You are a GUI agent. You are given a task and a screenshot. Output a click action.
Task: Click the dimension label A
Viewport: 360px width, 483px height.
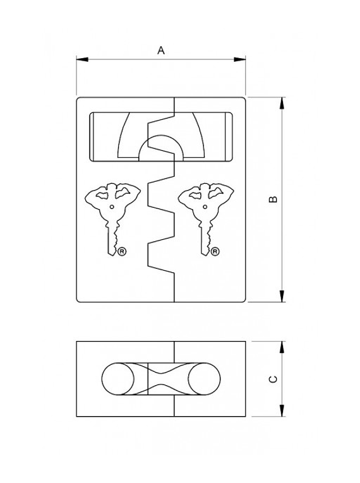click(x=161, y=51)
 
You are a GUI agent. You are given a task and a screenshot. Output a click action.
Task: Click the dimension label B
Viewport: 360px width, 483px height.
click(x=273, y=200)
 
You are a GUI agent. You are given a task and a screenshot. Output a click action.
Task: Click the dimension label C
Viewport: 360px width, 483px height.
click(x=273, y=379)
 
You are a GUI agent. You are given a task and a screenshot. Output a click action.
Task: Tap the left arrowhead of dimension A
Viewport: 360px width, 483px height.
click(x=82, y=59)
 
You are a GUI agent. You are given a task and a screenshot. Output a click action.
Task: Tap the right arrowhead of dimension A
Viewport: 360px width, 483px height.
click(x=239, y=59)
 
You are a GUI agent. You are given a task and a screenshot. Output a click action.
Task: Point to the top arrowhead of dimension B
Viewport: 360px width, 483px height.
click(x=282, y=103)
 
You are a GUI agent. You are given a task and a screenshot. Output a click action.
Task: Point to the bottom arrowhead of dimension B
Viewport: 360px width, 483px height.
click(x=282, y=296)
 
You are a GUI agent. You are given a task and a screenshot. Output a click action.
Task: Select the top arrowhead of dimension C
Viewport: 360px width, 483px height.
click(x=282, y=347)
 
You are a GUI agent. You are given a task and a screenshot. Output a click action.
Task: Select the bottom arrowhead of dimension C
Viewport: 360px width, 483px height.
click(x=282, y=410)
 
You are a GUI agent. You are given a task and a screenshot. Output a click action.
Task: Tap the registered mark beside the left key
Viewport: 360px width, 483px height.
click(x=123, y=252)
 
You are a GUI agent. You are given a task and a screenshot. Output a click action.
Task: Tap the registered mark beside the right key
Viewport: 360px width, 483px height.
click(x=215, y=252)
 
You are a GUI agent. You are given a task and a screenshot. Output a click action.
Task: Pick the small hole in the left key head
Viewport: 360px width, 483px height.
click(x=112, y=207)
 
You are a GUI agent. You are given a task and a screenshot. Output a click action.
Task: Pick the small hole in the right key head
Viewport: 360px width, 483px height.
click(x=205, y=207)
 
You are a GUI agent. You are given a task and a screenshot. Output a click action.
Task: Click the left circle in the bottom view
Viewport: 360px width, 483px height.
click(x=117, y=379)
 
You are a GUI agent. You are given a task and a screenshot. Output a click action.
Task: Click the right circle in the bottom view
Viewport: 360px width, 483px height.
click(x=205, y=379)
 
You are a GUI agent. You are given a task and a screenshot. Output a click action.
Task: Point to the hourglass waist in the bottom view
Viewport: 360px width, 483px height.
click(x=160, y=379)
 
